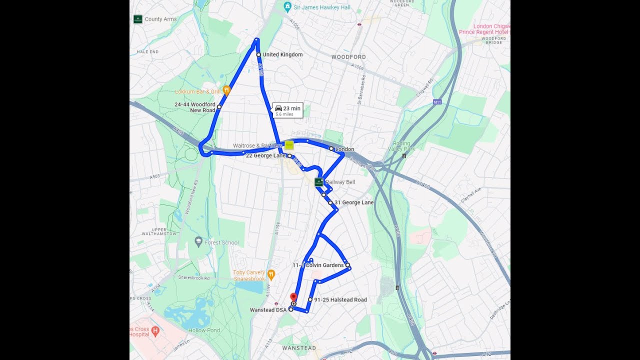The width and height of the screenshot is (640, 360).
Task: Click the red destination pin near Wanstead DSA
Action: click(293, 297)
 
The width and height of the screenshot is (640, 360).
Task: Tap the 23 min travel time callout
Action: click(287, 110)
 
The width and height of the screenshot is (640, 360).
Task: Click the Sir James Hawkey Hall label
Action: click(322, 7)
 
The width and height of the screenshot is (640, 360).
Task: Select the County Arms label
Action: click(160, 19)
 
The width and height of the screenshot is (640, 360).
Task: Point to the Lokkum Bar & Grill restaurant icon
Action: click(226, 90)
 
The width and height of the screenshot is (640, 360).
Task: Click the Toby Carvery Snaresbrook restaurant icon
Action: click(271, 274)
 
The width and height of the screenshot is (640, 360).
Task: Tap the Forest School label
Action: click(221, 242)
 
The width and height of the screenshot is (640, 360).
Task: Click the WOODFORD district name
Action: click(348, 57)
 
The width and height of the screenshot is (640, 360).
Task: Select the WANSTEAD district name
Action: click(299, 348)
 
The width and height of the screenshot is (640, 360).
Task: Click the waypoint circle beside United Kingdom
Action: click(258, 54)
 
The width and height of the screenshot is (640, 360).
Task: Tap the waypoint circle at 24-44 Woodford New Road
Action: click(219, 106)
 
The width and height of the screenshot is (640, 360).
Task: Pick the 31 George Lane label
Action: click(354, 202)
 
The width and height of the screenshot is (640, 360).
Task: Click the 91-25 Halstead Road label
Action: click(340, 300)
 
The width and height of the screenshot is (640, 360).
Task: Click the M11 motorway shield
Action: click(437, 102)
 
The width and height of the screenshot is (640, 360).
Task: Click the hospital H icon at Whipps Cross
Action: click(155, 330)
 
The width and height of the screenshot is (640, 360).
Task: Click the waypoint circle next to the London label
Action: click(331, 148)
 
